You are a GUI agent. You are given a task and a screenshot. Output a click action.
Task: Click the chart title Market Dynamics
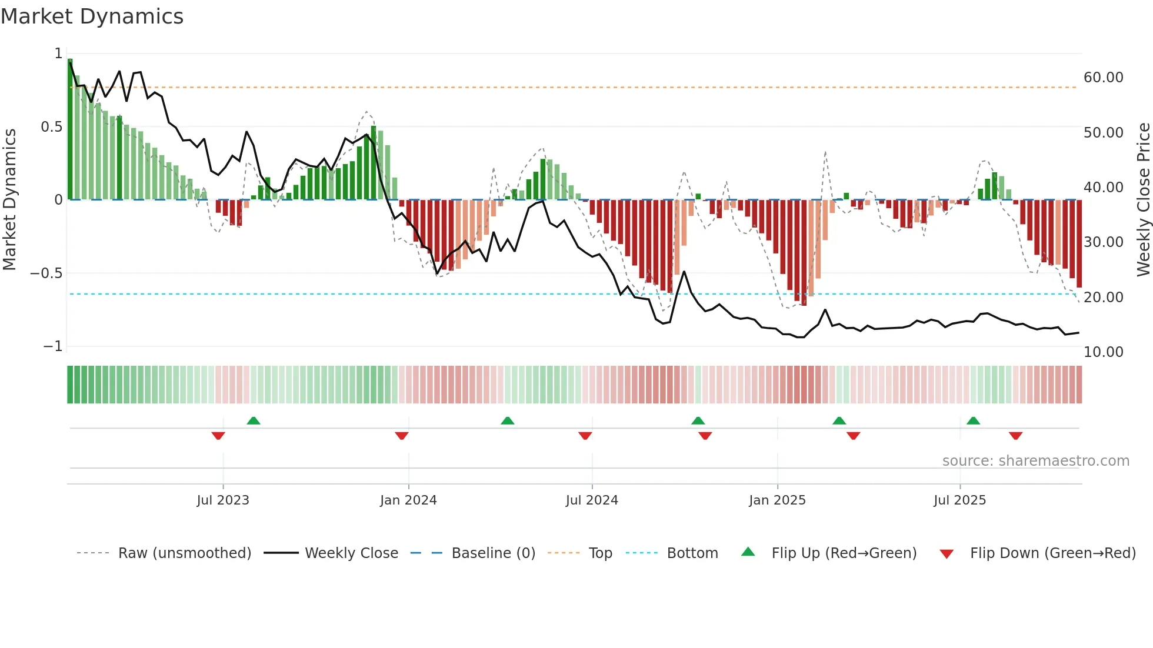(x=92, y=16)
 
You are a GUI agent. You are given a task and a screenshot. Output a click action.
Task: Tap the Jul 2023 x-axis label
(x=223, y=500)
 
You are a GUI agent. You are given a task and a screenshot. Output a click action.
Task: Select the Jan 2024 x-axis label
(x=408, y=500)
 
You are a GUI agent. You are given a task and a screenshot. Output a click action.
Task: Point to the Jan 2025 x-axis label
(x=777, y=500)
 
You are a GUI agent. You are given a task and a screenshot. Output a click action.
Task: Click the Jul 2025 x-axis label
(x=959, y=500)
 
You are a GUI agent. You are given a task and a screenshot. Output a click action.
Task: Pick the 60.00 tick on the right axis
(x=1103, y=78)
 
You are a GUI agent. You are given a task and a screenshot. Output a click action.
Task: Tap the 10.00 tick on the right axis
(x=1103, y=352)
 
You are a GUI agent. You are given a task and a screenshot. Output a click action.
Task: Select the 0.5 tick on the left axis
(x=51, y=127)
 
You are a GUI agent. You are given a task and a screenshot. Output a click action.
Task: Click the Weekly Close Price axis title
(x=1143, y=199)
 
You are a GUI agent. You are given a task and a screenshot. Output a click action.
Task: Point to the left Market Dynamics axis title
(x=9, y=199)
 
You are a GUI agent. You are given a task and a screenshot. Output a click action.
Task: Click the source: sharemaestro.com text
(x=1035, y=461)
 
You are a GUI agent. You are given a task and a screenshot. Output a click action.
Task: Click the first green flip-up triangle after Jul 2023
(x=254, y=421)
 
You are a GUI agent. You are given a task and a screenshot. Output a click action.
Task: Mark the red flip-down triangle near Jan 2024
(x=402, y=436)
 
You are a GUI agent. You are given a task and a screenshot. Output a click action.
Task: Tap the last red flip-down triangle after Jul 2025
(x=1015, y=436)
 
